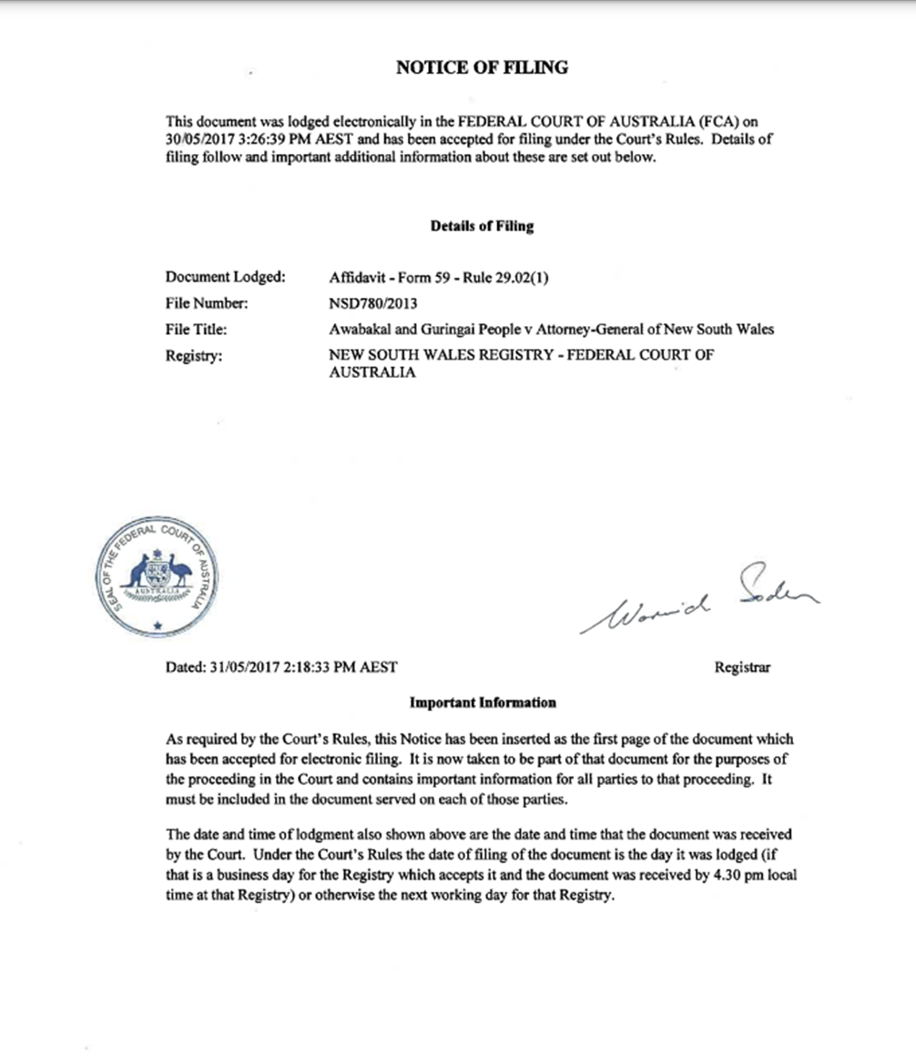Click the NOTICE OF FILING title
click(482, 67)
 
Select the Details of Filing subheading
click(482, 226)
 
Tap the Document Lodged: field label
click(225, 278)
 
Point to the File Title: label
click(196, 330)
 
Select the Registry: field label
click(193, 356)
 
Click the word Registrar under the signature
click(742, 667)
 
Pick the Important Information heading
click(482, 703)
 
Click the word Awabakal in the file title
click(359, 330)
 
